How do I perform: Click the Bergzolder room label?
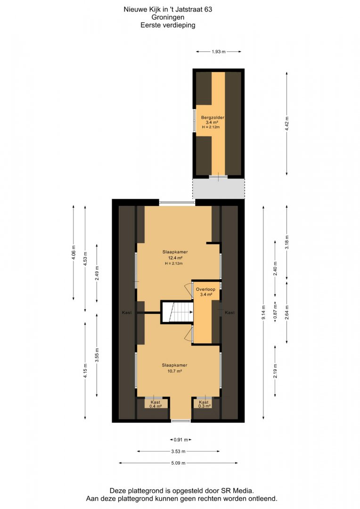click(213, 117)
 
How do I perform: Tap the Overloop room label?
click(205, 289)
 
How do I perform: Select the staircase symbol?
click(178, 312)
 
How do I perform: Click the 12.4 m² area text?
click(175, 258)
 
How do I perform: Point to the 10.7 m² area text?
click(175, 371)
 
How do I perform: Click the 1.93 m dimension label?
click(219, 52)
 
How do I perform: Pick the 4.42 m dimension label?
click(286, 123)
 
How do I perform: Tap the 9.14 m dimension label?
click(263, 312)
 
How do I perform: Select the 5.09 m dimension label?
click(178, 463)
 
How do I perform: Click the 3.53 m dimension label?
click(178, 451)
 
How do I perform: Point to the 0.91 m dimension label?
click(181, 440)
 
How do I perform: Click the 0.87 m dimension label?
click(275, 312)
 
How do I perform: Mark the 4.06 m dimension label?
click(74, 253)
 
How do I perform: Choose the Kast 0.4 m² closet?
click(156, 404)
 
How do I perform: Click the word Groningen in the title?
click(168, 17)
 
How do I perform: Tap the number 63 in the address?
click(208, 9)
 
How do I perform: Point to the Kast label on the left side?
click(127, 312)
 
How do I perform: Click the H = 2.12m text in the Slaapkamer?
click(174, 263)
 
